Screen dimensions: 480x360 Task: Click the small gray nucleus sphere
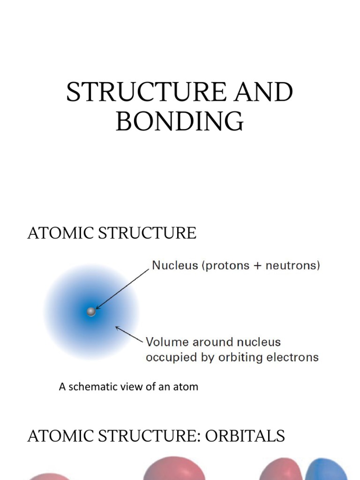pos(91,312)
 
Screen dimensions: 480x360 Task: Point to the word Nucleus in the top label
pos(169,266)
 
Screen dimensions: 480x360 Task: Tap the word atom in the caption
pos(187,387)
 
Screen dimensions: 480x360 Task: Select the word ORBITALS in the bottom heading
pos(248,436)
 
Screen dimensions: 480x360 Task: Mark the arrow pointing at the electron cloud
pos(129,334)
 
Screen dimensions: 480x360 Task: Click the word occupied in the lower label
pos(168,358)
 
